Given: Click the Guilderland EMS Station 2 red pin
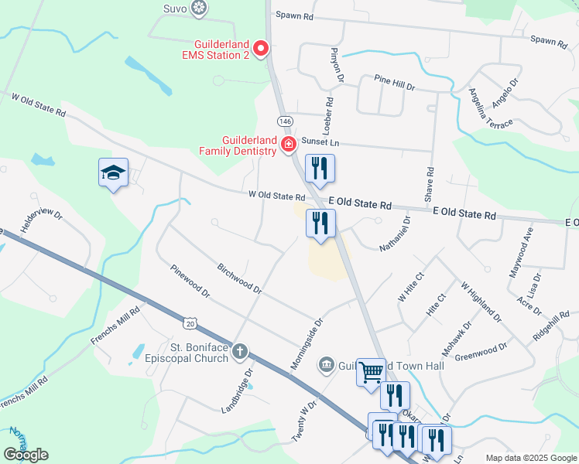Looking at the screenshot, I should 261,49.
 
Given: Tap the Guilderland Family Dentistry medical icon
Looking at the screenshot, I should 289,144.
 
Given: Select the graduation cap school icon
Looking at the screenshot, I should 113,172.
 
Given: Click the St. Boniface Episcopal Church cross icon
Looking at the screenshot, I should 240,352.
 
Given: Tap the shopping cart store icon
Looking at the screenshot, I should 371,371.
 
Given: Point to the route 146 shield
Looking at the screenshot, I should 285,121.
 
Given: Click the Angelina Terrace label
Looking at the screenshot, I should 490,108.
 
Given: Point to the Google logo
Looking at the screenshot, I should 26,455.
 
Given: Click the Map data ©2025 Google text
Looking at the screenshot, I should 531,458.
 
